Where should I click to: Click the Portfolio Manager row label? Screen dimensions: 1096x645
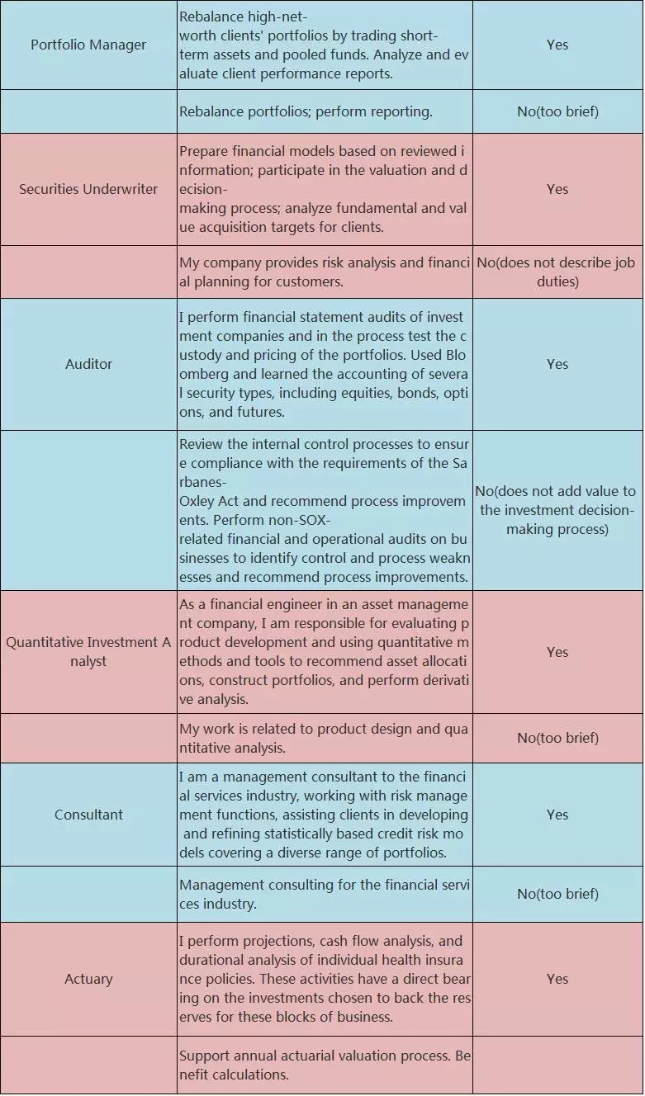[88, 45]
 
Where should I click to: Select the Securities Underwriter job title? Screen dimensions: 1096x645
[88, 189]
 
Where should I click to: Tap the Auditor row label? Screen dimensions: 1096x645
[88, 364]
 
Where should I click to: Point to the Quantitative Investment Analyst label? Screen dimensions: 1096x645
[88, 652]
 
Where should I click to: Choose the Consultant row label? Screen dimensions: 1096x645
[88, 815]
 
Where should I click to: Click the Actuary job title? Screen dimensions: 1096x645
[88, 979]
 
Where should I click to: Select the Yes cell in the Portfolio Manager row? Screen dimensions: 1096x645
[557, 45]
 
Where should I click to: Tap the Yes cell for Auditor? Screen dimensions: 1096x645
[557, 364]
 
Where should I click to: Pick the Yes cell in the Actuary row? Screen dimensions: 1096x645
[557, 979]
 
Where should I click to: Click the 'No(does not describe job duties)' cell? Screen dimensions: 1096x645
[557, 272]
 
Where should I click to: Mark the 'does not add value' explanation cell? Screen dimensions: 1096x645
[557, 510]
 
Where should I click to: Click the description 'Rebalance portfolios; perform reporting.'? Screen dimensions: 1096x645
[306, 111]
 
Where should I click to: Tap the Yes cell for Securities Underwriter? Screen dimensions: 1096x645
[557, 189]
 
